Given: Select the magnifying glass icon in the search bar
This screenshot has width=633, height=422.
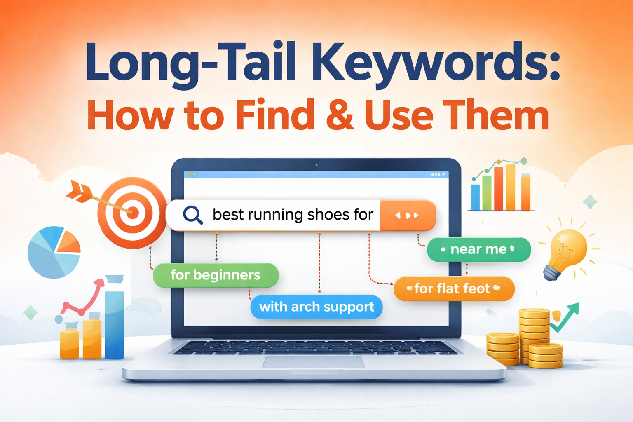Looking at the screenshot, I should [192, 215].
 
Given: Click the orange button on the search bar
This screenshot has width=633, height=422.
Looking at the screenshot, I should [407, 215].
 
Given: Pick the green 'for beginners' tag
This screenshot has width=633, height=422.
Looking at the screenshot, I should [216, 275].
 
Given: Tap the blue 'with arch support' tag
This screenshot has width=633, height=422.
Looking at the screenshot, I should [316, 307].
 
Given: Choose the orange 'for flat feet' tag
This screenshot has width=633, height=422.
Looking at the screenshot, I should [454, 288].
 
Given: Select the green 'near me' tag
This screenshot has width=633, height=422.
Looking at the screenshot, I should [478, 249].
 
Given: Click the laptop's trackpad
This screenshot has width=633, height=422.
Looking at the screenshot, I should [314, 362].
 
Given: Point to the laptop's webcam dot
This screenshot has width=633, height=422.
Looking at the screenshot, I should [316, 165].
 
